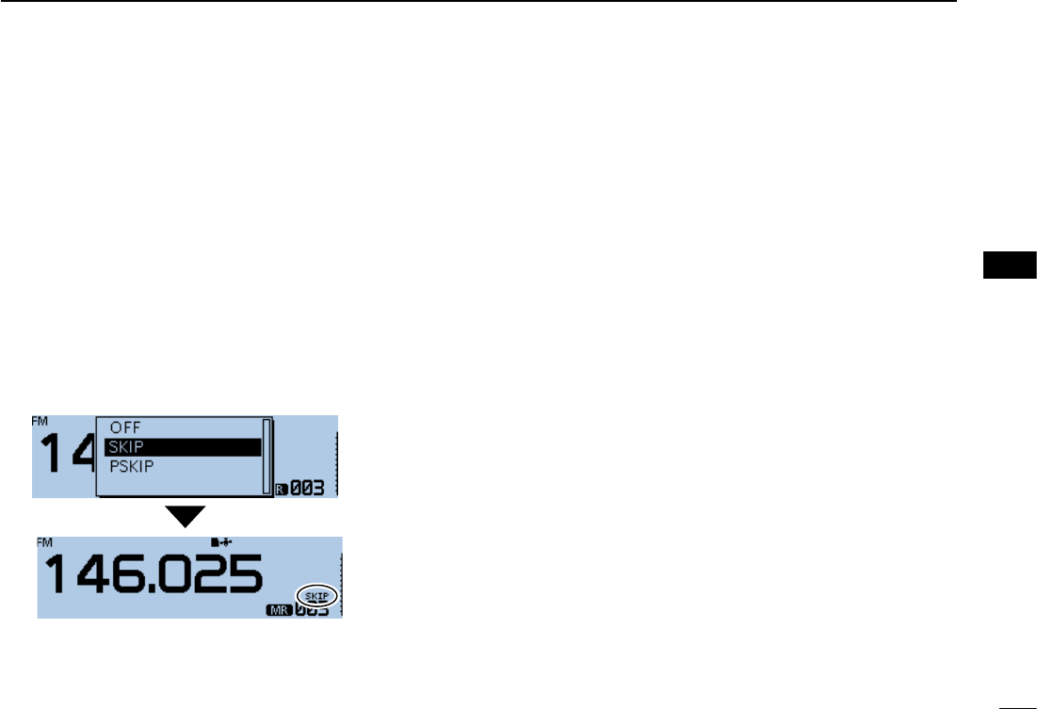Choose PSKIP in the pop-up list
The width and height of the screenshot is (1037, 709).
point(132,466)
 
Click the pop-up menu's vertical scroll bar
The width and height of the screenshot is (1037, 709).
point(267,454)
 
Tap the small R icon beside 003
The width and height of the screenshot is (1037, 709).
point(280,488)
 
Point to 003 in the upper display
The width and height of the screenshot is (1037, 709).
point(305,488)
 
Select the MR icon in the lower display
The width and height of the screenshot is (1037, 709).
point(280,610)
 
